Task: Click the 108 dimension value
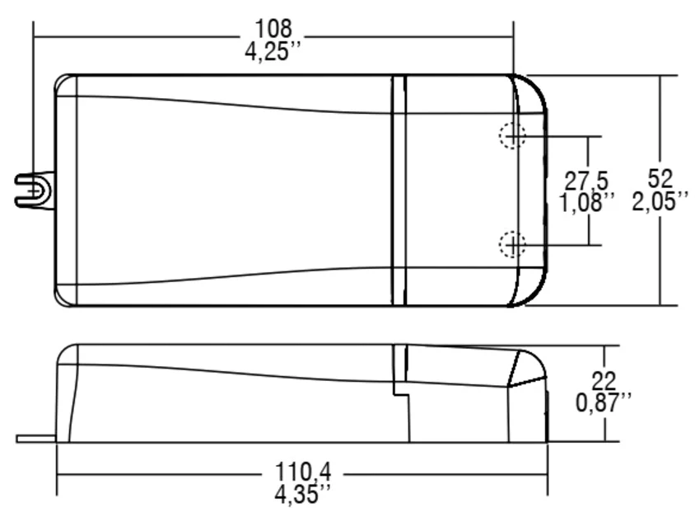point(273,29)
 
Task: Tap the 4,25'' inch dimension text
point(273,51)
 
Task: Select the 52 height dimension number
point(660,178)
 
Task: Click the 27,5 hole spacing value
point(586,181)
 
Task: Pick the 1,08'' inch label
point(586,203)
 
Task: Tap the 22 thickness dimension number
point(604,381)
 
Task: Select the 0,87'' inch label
point(604,403)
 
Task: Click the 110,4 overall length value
point(303,472)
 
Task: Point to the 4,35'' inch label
point(303,494)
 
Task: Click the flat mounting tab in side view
point(36,439)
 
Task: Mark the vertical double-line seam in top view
point(399,190)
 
